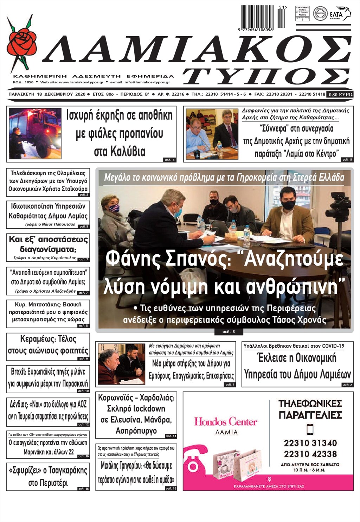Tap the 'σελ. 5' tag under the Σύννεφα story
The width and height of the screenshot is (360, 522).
[347, 160]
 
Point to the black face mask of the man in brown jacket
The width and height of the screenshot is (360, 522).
[288, 205]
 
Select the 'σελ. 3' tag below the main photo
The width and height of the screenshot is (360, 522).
[229, 332]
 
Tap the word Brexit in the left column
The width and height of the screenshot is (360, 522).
[18, 371]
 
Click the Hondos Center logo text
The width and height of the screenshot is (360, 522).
[226, 421]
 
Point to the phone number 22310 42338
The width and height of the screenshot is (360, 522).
[310, 454]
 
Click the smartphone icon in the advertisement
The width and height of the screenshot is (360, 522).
[310, 429]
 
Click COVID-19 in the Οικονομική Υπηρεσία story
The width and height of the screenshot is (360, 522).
[332, 346]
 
